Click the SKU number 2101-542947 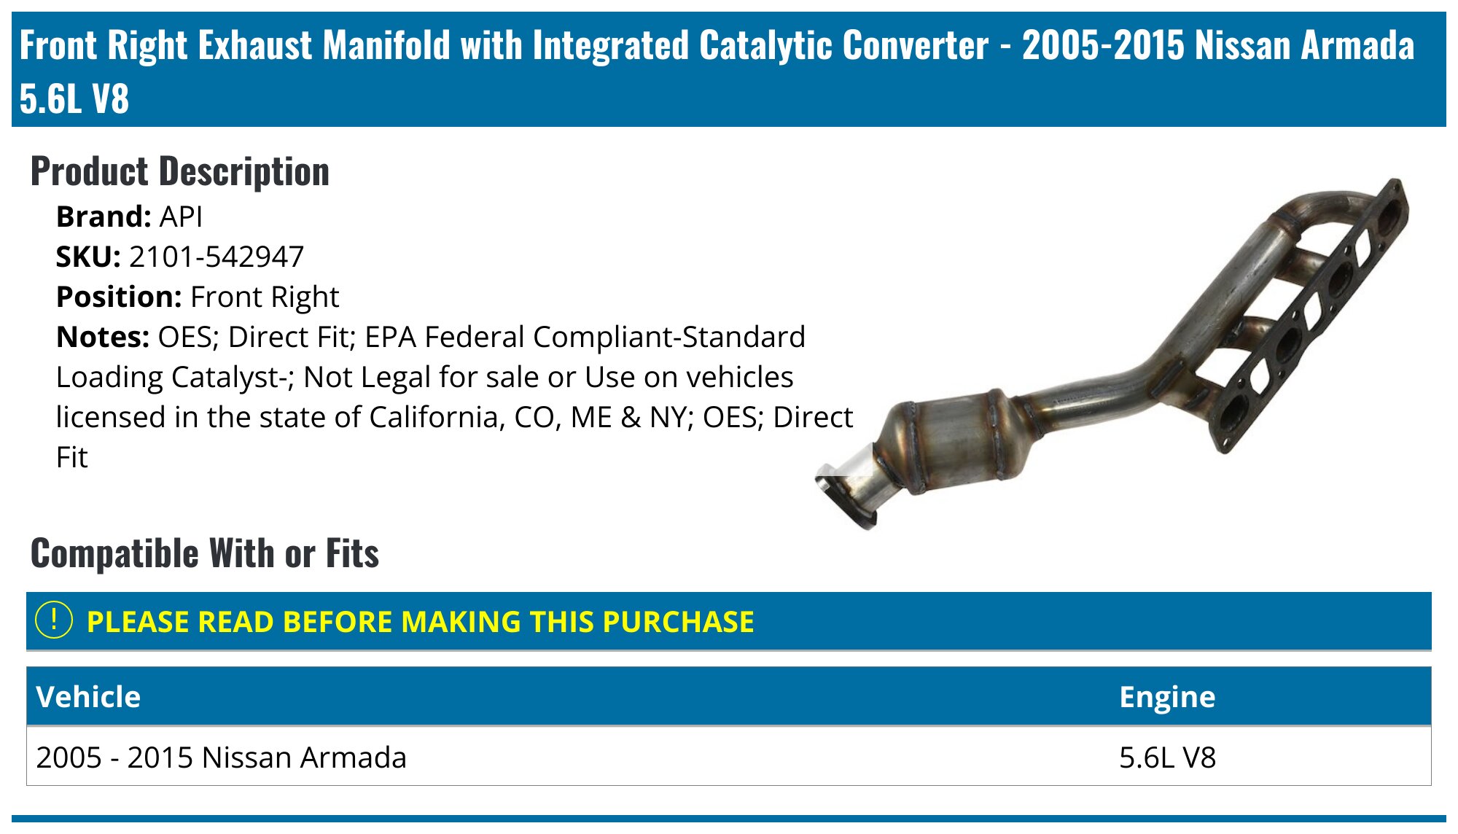pyautogui.click(x=216, y=257)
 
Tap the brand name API pyautogui.click(x=181, y=217)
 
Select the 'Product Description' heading pyautogui.click(x=180, y=172)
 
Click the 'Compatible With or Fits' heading pyautogui.click(x=205, y=553)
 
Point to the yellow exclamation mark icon pyautogui.click(x=54, y=620)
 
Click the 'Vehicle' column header pyautogui.click(x=88, y=697)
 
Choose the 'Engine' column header pyautogui.click(x=1167, y=697)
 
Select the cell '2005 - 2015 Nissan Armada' pyautogui.click(x=222, y=757)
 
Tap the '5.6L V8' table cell pyautogui.click(x=1168, y=757)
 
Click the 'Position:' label pyautogui.click(x=119, y=297)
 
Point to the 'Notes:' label pyautogui.click(x=103, y=337)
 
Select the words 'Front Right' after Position pyautogui.click(x=265, y=297)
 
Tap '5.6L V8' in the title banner pyautogui.click(x=74, y=98)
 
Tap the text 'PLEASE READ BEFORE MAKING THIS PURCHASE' pyautogui.click(x=420, y=622)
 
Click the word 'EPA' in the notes pyautogui.click(x=390, y=337)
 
